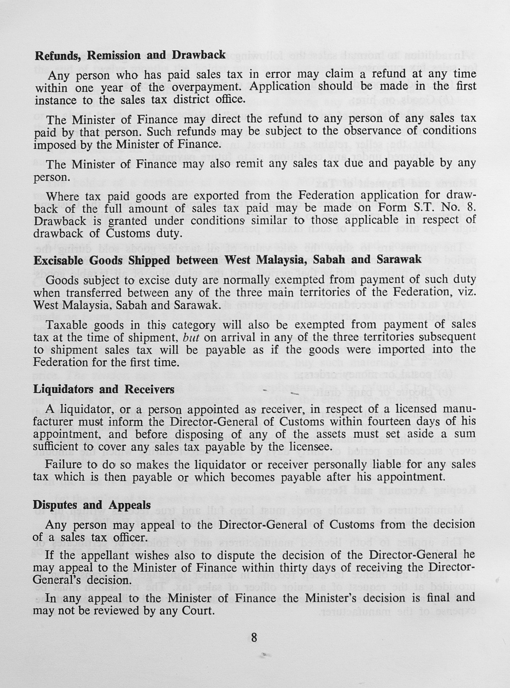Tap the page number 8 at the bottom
[254, 638]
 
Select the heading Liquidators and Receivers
[104, 389]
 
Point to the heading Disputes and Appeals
[92, 505]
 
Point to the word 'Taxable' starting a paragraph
[65, 325]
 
